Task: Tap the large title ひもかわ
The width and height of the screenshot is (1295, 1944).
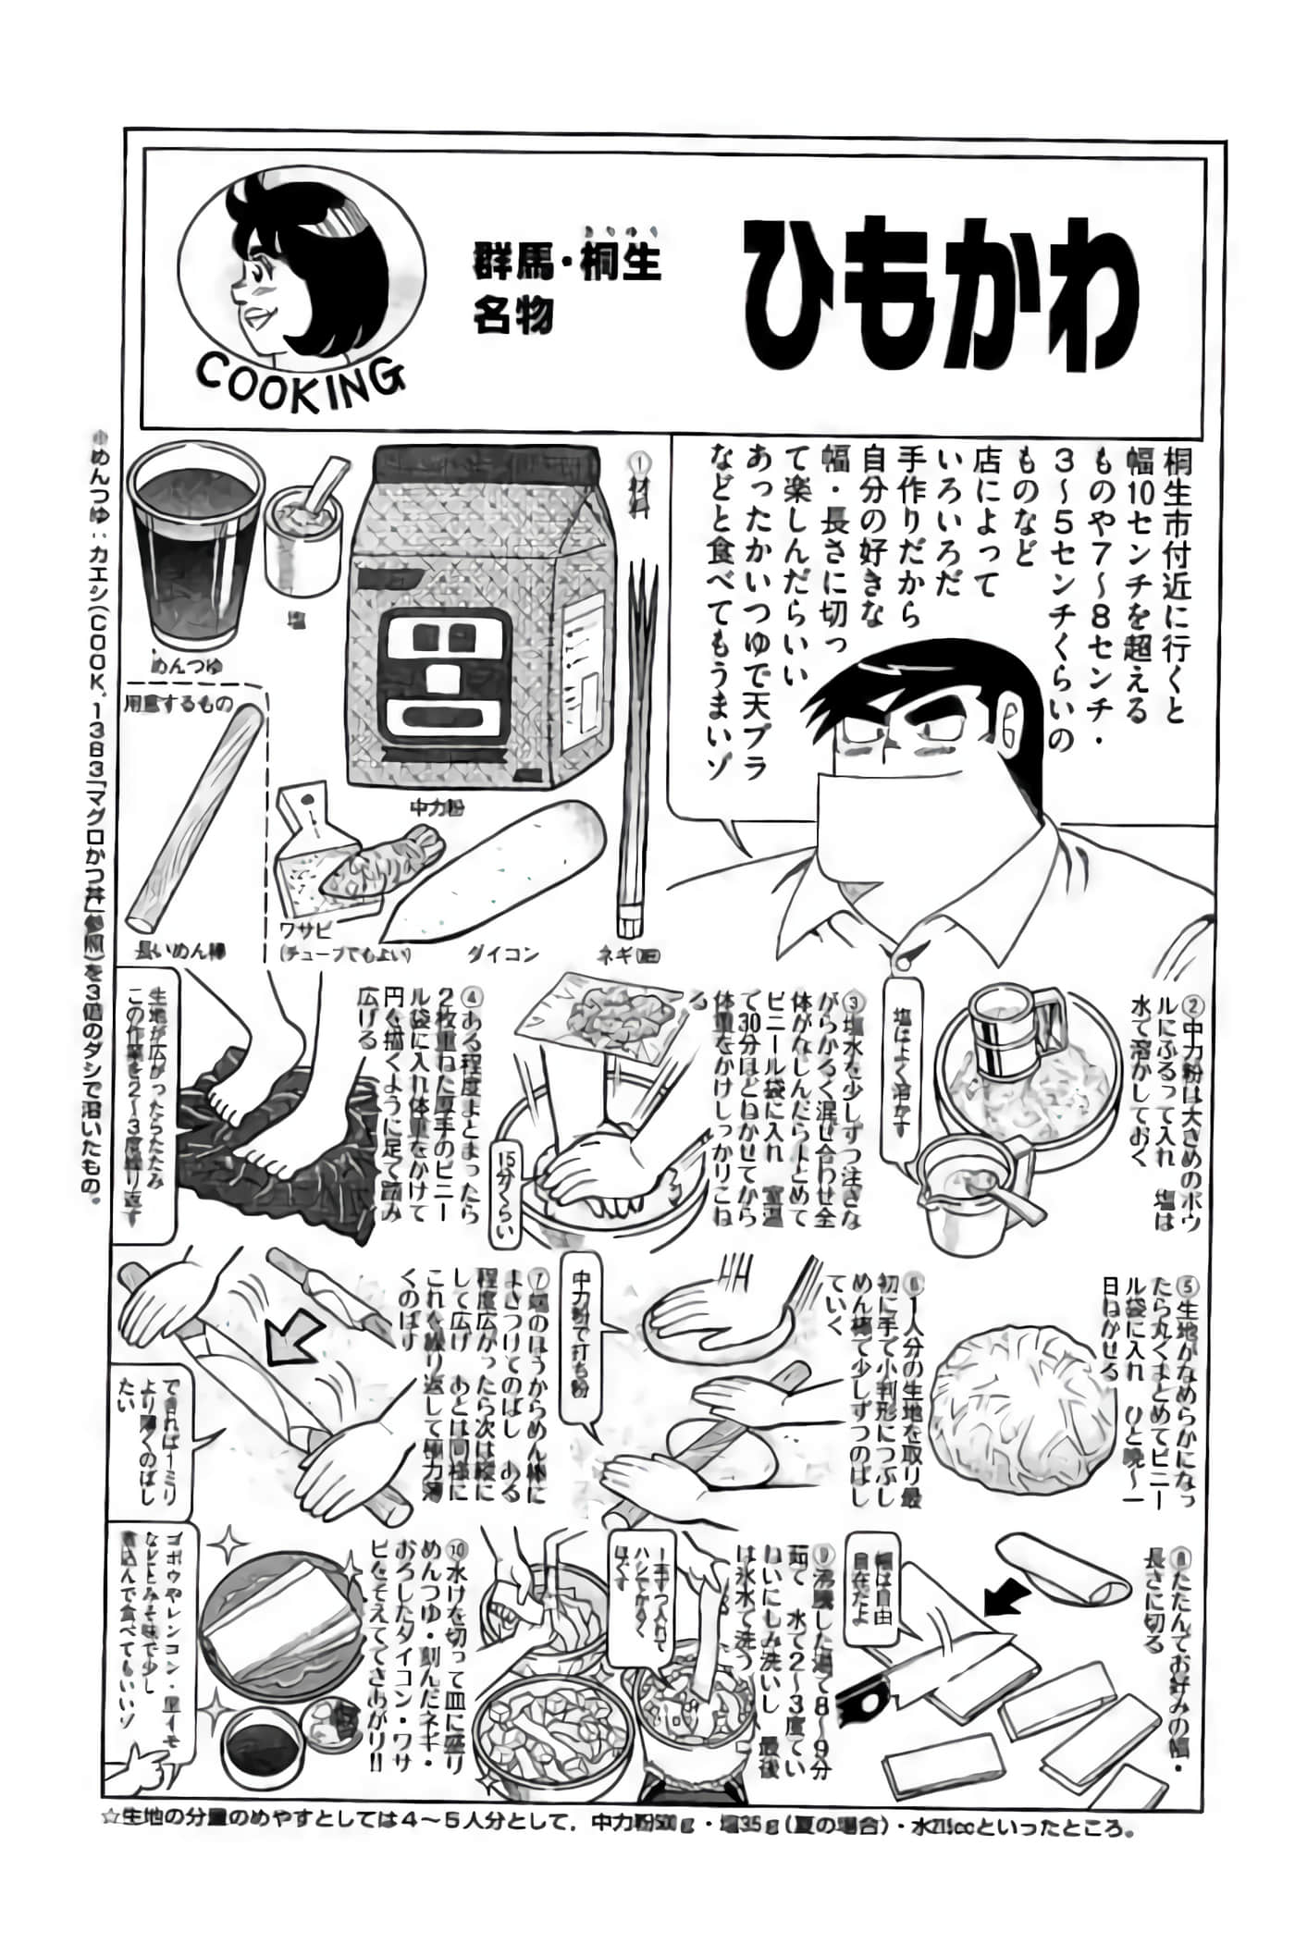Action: pos(941,294)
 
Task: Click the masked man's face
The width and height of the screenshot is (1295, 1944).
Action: pos(916,740)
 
